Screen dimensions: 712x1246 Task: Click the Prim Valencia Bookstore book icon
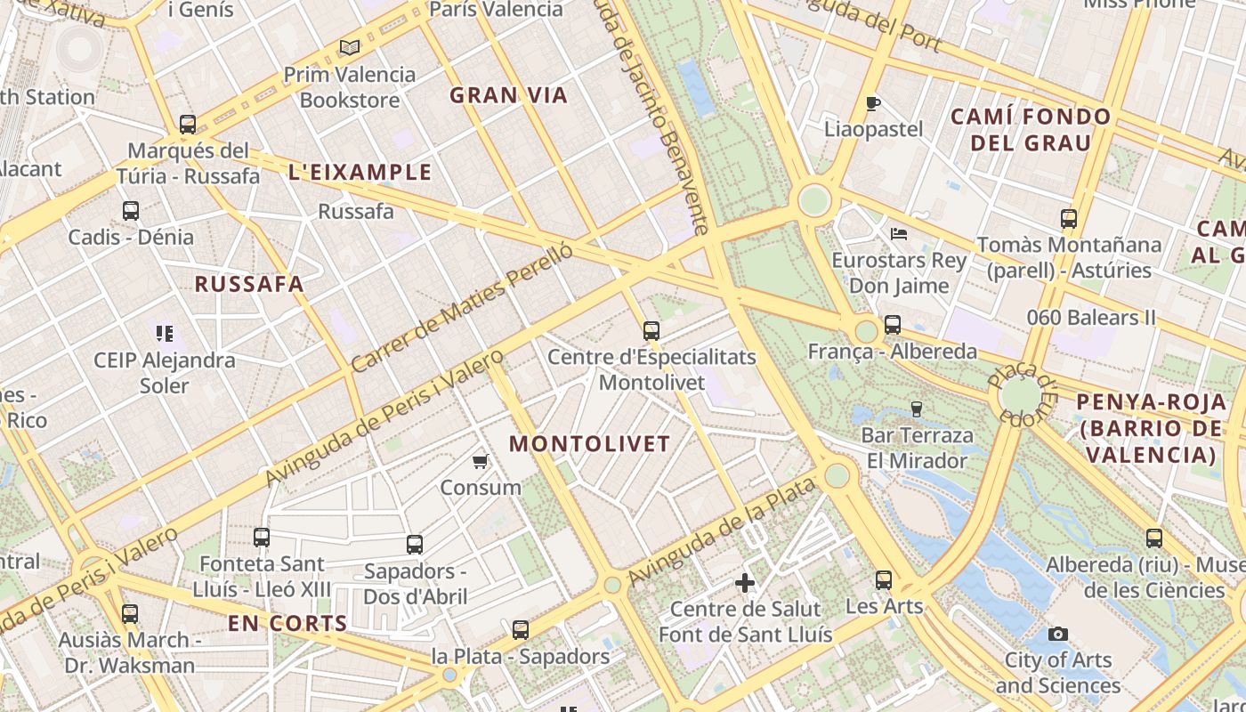point(350,47)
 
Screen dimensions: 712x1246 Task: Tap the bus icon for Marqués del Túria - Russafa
point(188,124)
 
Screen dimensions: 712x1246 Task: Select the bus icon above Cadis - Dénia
point(131,211)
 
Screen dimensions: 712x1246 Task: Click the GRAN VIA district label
point(508,95)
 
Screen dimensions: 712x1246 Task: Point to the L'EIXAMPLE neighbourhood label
point(360,173)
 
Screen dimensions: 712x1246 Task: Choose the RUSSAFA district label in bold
point(249,284)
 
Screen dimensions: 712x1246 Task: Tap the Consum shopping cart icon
point(481,461)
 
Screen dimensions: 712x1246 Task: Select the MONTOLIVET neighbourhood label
point(589,443)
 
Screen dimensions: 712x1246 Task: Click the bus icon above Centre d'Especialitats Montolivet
point(651,331)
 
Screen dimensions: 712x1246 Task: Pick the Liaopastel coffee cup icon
point(873,103)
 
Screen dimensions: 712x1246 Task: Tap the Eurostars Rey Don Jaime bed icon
point(899,234)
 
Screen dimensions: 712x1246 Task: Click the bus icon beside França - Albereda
point(893,325)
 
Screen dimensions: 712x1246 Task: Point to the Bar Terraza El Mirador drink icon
point(916,409)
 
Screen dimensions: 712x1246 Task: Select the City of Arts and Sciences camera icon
point(1057,634)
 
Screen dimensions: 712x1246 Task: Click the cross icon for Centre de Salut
point(745,583)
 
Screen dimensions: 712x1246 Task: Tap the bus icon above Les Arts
point(884,580)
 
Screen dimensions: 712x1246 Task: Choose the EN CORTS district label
point(287,623)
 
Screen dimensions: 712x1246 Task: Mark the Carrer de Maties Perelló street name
point(462,308)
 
